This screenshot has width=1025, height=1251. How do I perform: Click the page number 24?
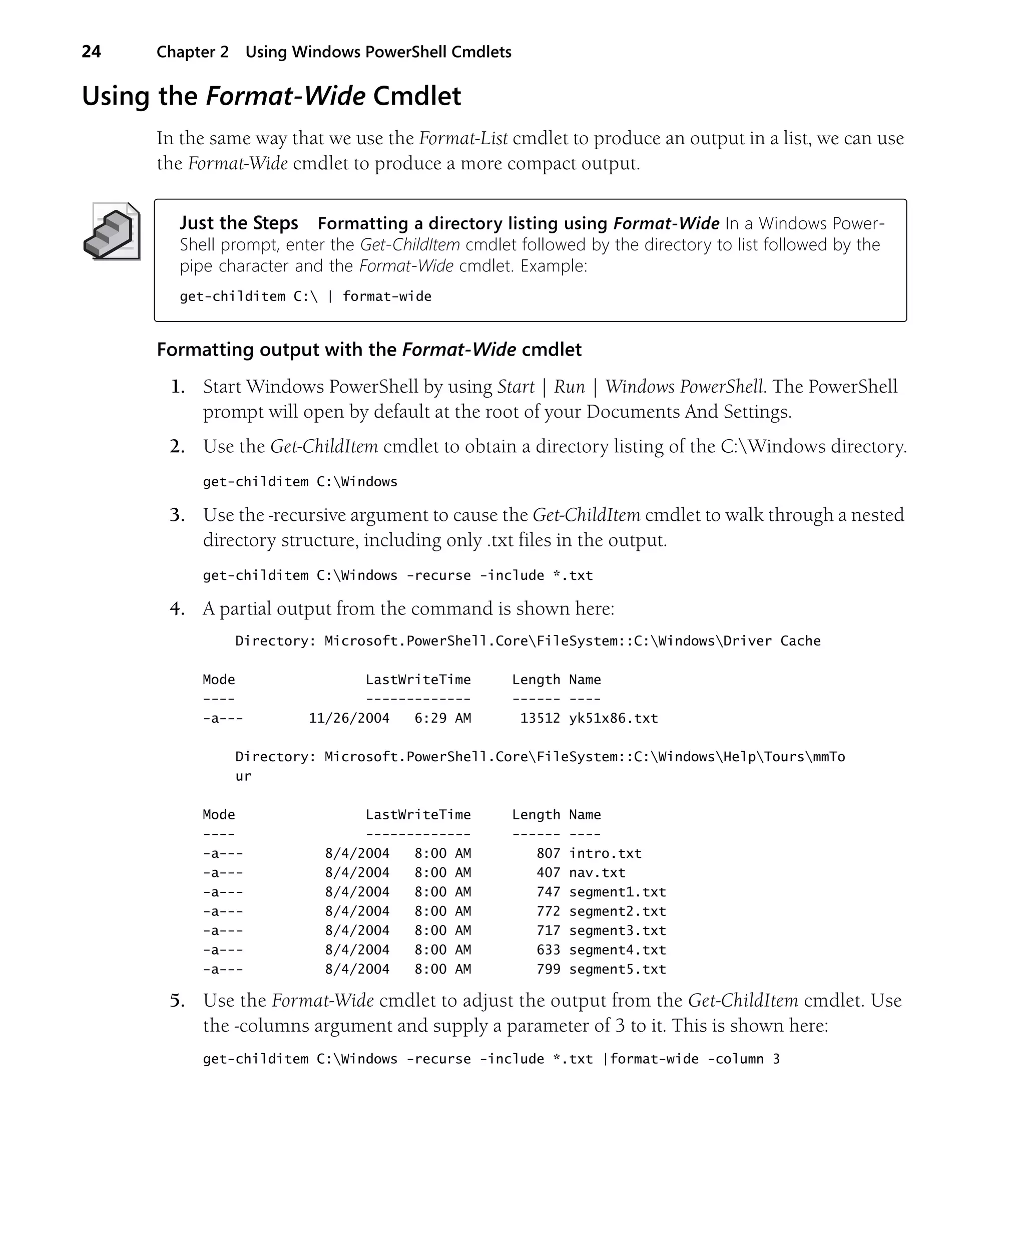[x=91, y=52]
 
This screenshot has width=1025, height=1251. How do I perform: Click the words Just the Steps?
[x=239, y=223]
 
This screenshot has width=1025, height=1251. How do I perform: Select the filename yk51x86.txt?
[x=613, y=718]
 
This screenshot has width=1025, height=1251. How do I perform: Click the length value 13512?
[x=539, y=718]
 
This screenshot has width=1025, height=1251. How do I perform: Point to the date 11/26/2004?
[x=348, y=718]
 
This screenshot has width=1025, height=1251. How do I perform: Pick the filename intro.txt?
[x=605, y=853]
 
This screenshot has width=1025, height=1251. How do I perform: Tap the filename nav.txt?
[x=597, y=872]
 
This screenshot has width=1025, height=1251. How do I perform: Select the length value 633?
[x=548, y=950]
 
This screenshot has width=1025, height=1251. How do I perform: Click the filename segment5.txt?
[x=617, y=969]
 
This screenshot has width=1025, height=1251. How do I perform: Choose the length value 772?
[x=548, y=911]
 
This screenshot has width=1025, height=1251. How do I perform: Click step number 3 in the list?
[x=177, y=515]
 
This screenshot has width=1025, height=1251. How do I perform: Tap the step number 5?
[x=177, y=1001]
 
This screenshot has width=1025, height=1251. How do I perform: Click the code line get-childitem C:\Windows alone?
[x=300, y=482]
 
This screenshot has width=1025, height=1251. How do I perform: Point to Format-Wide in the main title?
[x=285, y=96]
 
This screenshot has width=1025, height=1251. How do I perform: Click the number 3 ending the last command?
[x=776, y=1059]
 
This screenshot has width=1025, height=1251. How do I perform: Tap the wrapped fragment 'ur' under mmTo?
[x=243, y=776]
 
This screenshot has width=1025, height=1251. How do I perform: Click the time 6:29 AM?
[x=442, y=718]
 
